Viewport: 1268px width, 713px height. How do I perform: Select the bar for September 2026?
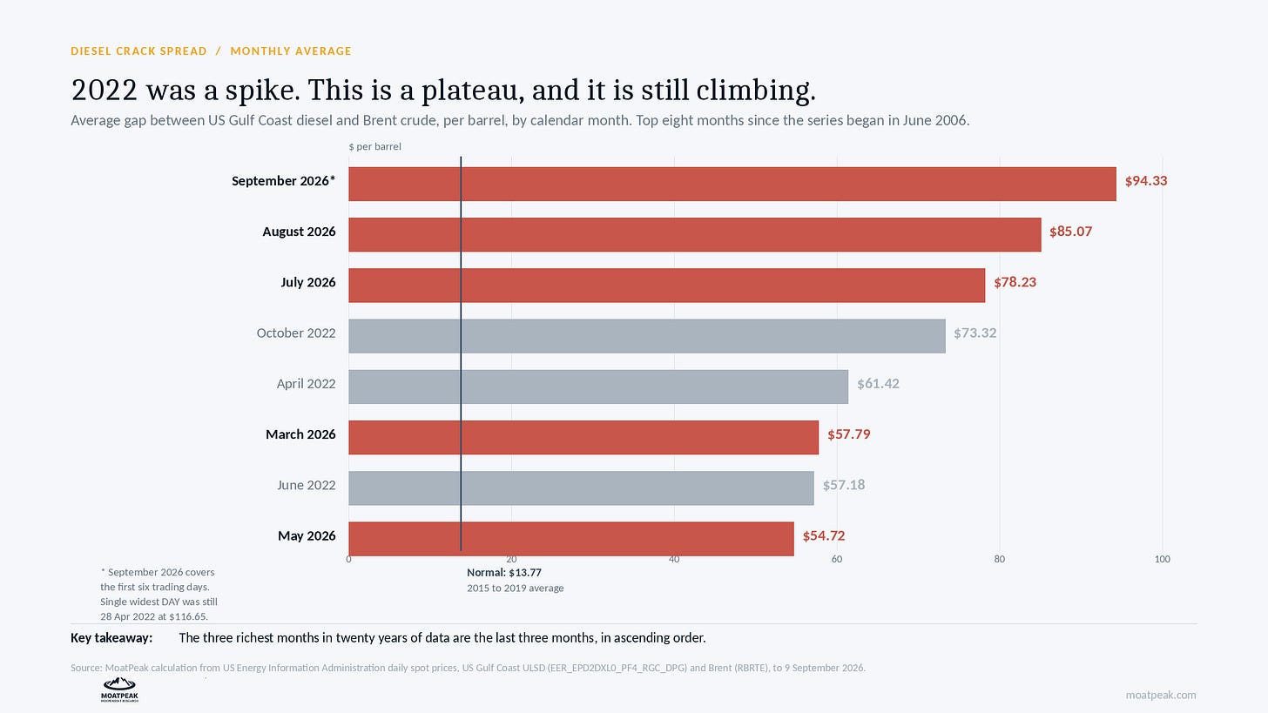click(x=732, y=184)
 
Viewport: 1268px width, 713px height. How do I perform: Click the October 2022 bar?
click(x=647, y=336)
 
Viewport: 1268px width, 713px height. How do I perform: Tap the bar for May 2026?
click(x=571, y=539)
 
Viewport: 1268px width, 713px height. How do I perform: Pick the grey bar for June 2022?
click(x=582, y=488)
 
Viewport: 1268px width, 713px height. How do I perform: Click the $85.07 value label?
click(x=1070, y=232)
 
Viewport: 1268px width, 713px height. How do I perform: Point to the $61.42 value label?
click(x=878, y=384)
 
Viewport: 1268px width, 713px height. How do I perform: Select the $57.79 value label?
click(x=848, y=434)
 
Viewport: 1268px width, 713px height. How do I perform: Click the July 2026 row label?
click(x=308, y=282)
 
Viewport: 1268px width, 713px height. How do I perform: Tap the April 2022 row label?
click(x=306, y=384)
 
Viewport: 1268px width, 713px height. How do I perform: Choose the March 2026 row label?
click(x=300, y=434)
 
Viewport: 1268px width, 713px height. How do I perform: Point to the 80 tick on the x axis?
click(x=1000, y=559)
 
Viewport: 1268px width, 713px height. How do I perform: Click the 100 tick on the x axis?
click(x=1162, y=559)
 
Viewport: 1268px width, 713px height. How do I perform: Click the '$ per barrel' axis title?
click(x=374, y=146)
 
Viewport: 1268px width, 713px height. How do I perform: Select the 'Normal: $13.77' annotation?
click(x=503, y=573)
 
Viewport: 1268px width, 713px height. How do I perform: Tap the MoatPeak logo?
click(x=119, y=689)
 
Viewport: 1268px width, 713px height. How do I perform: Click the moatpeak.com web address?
click(x=1160, y=695)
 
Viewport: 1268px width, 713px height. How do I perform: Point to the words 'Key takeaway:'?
click(x=111, y=638)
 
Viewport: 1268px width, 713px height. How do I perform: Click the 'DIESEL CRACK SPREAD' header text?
click(x=138, y=50)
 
